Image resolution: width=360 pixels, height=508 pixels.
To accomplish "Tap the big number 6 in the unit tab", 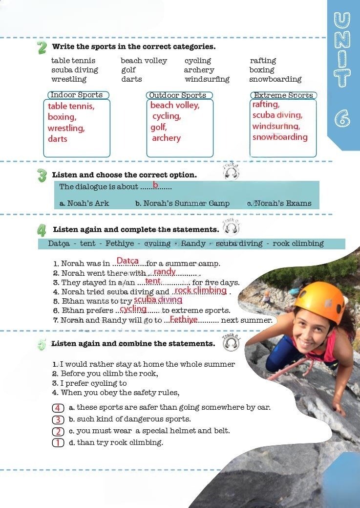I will [342, 117].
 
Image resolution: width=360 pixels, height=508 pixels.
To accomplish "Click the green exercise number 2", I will [42, 47].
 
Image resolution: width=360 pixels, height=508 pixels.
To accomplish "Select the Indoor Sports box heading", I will [77, 95].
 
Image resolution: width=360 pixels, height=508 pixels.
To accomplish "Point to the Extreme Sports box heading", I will [284, 95].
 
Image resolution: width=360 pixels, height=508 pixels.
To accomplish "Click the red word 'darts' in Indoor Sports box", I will [58, 139].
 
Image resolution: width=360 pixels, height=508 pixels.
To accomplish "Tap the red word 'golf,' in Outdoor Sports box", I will [159, 127].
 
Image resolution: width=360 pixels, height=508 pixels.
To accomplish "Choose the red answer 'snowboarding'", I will [280, 137].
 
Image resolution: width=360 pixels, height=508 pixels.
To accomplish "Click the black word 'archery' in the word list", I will [199, 70].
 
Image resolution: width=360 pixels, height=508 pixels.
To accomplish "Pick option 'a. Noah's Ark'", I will [84, 203].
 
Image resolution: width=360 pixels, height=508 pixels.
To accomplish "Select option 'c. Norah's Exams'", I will [279, 203].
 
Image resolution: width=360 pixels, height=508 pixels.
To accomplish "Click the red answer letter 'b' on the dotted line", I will [155, 185].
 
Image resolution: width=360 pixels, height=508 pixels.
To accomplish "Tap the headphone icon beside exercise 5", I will [231, 343].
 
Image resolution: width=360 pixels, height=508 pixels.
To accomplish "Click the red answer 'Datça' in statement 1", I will [127, 261].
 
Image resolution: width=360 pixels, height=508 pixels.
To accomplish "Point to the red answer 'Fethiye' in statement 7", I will [184, 319].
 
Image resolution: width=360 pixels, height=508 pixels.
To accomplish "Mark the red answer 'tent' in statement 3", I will [152, 281].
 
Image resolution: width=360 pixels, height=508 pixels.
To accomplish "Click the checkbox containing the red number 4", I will [58, 408].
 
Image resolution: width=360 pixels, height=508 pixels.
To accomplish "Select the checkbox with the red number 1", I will [58, 443].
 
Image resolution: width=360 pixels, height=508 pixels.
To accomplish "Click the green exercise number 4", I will [42, 230].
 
